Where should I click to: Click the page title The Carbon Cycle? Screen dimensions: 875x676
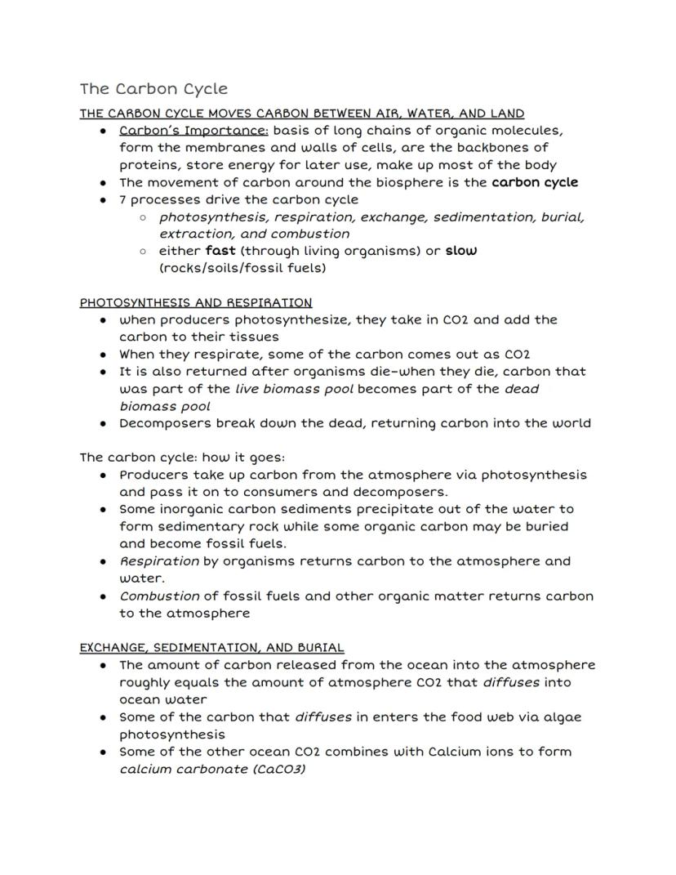[x=153, y=88]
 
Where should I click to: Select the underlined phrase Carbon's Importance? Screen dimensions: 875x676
[x=194, y=131]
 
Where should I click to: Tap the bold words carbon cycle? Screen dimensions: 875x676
[x=535, y=182]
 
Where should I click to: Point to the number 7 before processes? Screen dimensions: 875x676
[x=123, y=199]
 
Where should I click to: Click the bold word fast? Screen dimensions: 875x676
[x=220, y=251]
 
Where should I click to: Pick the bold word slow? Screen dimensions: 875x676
[x=461, y=251]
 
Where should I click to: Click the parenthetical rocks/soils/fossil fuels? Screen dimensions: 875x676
[x=242, y=268]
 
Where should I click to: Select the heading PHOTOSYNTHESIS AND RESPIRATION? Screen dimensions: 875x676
[x=196, y=302]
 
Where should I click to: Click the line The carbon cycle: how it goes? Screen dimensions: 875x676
[x=182, y=458]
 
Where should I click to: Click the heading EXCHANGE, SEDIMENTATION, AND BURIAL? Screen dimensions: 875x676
[x=211, y=648]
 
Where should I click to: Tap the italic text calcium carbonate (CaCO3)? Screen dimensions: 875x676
[x=212, y=770]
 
